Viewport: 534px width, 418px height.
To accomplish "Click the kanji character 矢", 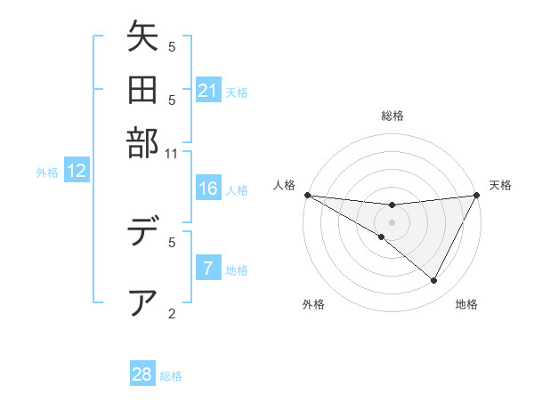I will [x=142, y=39].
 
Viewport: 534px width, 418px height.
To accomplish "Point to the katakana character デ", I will [x=142, y=233].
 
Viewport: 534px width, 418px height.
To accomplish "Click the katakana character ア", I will [x=142, y=302].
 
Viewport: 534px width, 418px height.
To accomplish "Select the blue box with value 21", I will [x=208, y=91].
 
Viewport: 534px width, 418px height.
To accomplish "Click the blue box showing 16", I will [x=208, y=189].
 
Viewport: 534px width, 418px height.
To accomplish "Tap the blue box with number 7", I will [x=208, y=269].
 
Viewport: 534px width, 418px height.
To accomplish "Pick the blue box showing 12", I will [x=77, y=172].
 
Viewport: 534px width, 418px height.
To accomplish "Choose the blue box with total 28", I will [x=142, y=374].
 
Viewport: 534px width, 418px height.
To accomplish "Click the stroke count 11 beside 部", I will [x=172, y=154].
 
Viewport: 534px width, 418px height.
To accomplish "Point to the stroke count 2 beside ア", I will [x=172, y=313].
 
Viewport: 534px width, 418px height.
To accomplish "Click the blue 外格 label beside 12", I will [x=47, y=173].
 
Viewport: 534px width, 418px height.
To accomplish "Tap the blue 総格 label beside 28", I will [x=171, y=375].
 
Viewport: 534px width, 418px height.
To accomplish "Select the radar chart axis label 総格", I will [x=392, y=116].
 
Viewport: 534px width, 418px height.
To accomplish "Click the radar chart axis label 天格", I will [x=501, y=185].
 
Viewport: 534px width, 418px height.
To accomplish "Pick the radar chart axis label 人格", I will [x=285, y=185].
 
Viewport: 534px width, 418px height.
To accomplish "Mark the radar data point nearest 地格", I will [x=434, y=281].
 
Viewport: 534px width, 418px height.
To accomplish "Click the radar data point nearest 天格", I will [x=477, y=195].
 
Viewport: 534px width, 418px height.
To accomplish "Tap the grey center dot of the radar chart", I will [x=392, y=222].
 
